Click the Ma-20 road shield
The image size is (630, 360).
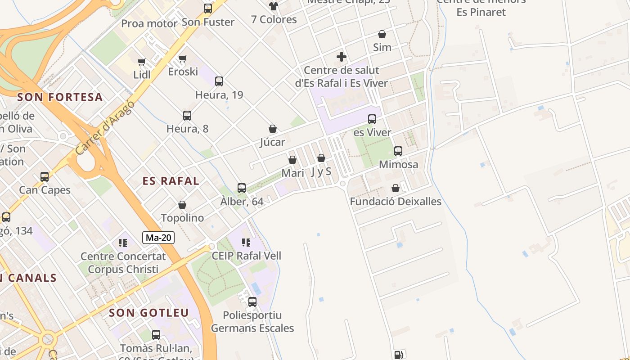coord(158,238)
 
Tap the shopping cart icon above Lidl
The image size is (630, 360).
coord(142,62)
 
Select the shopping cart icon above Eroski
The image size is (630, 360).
coord(183,58)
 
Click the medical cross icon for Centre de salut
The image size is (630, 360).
coord(342,57)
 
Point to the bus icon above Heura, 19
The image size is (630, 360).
coord(219,81)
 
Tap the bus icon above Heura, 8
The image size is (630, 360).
coord(187,116)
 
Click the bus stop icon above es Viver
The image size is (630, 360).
coord(372,119)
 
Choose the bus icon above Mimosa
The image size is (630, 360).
coord(398,151)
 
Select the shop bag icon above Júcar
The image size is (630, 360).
coord(273,129)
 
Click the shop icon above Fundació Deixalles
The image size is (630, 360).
coord(396,188)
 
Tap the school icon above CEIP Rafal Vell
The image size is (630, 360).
coord(246,243)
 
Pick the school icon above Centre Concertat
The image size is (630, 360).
coord(123,243)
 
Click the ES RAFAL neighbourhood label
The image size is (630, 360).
coord(171,181)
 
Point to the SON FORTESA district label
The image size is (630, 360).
coord(60,97)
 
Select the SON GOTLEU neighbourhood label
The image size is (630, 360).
coord(149,313)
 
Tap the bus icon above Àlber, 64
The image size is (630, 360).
coord(242,188)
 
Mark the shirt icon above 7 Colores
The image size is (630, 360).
coord(274,6)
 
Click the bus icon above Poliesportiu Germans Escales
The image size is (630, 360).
coord(252,302)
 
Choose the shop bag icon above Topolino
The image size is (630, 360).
coord(182,205)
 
